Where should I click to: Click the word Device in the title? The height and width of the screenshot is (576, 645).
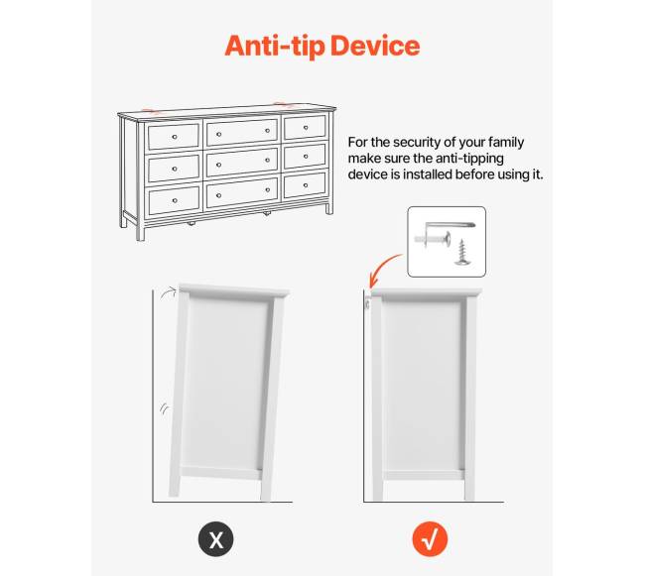click(375, 46)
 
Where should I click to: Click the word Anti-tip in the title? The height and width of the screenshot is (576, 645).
click(275, 46)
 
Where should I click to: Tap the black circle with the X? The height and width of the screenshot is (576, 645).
click(216, 538)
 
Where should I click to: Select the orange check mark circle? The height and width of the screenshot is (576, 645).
click(430, 538)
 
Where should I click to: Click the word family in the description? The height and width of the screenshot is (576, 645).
click(506, 142)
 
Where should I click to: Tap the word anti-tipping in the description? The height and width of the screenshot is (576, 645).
click(469, 159)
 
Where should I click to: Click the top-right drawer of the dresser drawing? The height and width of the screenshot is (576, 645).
click(306, 127)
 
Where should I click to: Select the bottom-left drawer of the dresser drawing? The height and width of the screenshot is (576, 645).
click(175, 200)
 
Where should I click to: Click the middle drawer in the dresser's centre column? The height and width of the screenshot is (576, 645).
click(242, 164)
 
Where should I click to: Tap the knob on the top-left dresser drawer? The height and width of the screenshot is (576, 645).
click(175, 137)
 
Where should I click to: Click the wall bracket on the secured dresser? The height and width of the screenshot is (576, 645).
click(367, 304)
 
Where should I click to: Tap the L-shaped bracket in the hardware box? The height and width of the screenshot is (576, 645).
click(450, 226)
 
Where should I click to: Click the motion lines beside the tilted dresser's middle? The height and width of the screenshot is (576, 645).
click(164, 408)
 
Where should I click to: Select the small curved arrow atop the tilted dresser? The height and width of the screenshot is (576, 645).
click(169, 293)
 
